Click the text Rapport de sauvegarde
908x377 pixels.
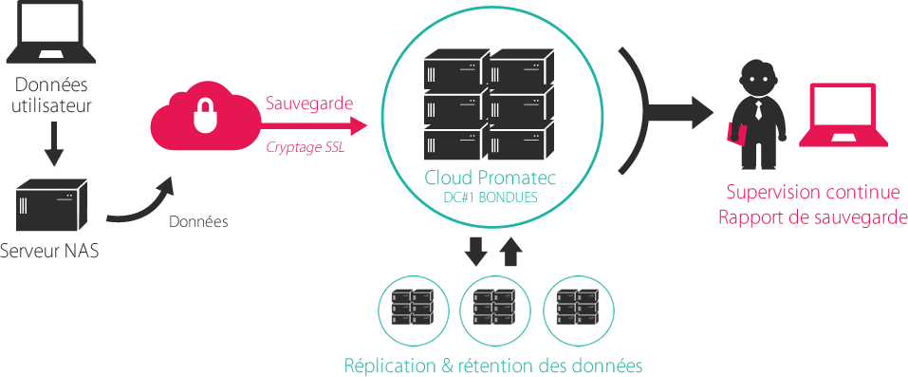(x=812, y=217)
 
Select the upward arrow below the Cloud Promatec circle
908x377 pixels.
(x=510, y=252)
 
